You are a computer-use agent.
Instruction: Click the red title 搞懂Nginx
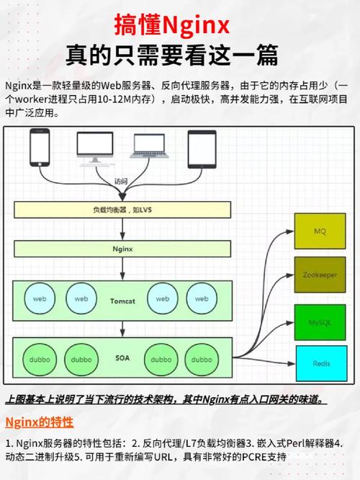172,25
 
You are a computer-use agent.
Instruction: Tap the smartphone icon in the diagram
40,148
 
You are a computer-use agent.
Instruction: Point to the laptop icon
149,146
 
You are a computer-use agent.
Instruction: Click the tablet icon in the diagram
202,149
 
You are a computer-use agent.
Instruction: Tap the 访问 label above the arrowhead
121,181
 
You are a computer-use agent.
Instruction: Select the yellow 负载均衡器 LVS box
122,210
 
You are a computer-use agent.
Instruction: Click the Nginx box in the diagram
122,249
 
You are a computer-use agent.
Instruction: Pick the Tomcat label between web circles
122,301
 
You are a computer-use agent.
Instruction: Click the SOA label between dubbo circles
122,358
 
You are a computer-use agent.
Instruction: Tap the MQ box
320,231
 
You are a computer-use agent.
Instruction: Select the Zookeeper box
320,275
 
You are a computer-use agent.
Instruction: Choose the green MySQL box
320,322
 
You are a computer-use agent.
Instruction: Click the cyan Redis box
321,363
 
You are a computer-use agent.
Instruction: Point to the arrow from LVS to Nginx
122,229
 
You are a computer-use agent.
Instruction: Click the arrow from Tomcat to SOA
122,329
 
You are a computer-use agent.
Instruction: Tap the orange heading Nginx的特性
40,422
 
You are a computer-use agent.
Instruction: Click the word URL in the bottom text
163,458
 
